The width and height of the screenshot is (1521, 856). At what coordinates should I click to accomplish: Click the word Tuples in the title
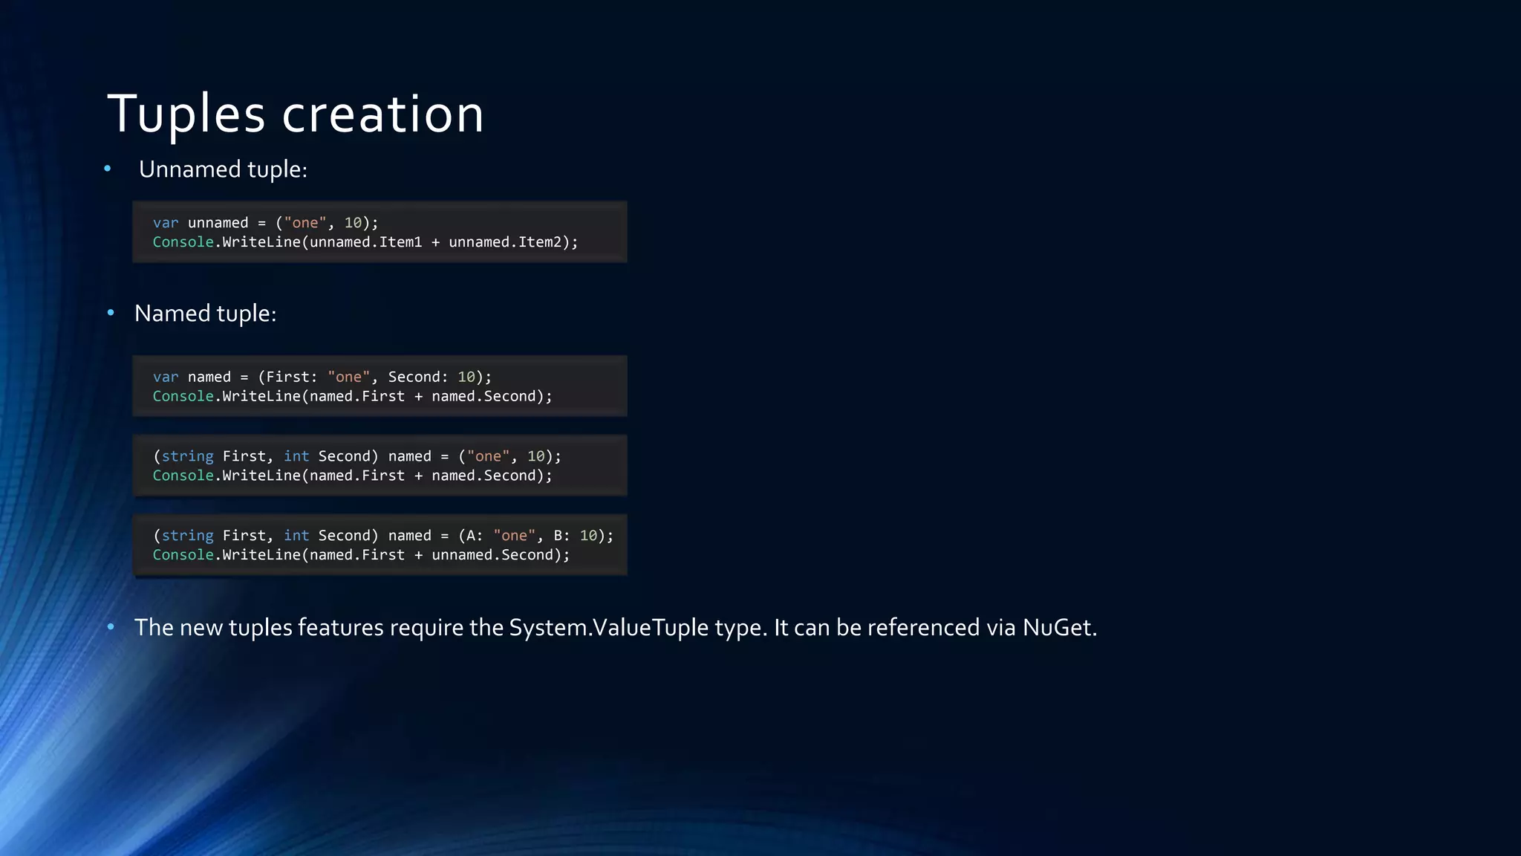coord(186,114)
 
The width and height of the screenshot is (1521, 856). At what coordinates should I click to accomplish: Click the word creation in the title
coord(382,114)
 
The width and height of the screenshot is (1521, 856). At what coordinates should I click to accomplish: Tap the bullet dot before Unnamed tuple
coord(108,169)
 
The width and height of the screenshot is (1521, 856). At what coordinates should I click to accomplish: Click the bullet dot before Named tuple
coord(111,313)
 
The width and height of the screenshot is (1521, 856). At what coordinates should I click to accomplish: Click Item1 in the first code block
coord(400,242)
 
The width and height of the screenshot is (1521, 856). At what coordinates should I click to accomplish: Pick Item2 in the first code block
coord(540,242)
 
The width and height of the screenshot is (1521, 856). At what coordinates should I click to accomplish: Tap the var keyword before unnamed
coord(166,223)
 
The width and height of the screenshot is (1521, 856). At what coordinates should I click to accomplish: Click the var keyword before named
coord(166,377)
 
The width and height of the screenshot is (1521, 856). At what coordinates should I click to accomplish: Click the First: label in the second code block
coord(291,377)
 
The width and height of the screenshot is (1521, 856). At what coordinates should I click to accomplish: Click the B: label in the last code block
coord(561,536)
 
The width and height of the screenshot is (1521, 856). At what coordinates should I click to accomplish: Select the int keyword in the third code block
coord(296,456)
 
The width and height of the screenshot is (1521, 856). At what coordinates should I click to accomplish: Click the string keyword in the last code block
coord(187,536)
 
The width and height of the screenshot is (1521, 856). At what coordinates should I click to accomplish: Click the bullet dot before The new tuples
coord(111,627)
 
